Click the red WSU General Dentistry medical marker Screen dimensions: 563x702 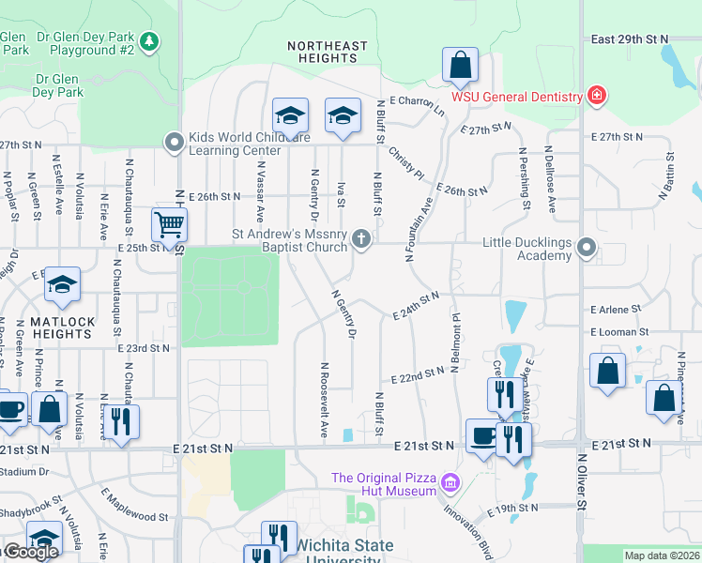[594, 95]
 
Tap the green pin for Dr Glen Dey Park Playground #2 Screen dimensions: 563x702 [148, 41]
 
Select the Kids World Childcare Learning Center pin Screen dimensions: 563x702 [174, 143]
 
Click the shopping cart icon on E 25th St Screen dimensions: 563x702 [169, 224]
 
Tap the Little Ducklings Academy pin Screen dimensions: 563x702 [587, 248]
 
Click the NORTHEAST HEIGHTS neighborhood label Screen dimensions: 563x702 [328, 52]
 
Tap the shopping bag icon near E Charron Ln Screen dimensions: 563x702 [460, 66]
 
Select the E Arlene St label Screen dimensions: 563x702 [616, 309]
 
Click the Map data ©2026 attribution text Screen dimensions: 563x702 [662, 555]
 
